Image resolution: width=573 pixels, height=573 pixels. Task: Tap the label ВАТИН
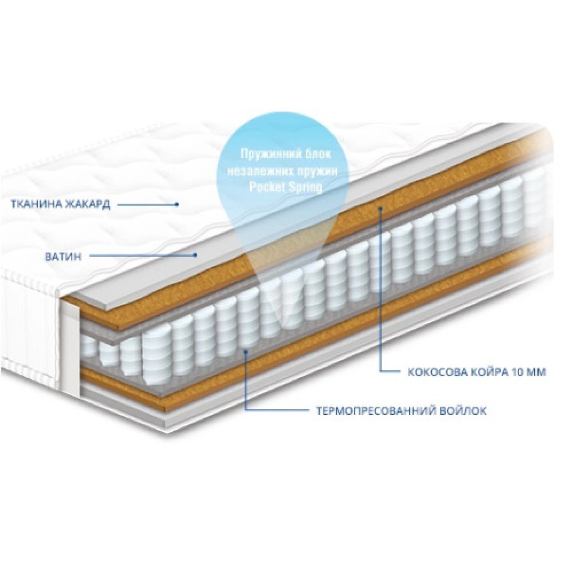[63, 257]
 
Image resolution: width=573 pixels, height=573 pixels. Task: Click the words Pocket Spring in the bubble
[285, 186]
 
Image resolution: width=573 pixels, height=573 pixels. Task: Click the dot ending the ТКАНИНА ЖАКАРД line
[177, 205]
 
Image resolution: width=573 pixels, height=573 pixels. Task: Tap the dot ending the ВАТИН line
[197, 254]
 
